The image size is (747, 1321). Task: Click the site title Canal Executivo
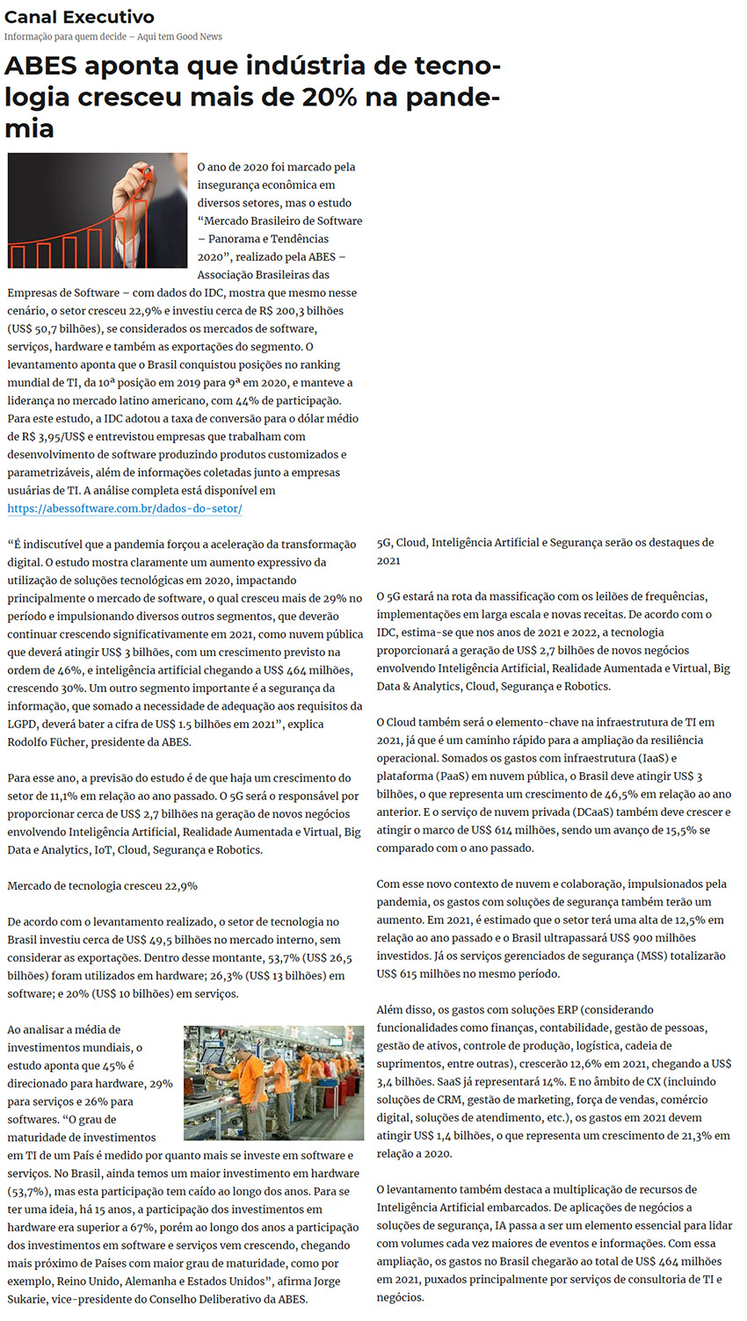(x=79, y=17)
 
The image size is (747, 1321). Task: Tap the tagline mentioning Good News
(x=112, y=37)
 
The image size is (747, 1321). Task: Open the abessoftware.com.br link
(x=125, y=509)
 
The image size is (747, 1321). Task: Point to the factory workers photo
(x=273, y=1082)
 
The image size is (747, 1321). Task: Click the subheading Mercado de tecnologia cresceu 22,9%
(x=102, y=886)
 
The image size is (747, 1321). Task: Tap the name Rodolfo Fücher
(x=46, y=742)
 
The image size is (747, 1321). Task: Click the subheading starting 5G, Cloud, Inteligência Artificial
(x=545, y=543)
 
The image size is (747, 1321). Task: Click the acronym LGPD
(x=24, y=725)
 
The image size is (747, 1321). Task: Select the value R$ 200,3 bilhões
(x=300, y=311)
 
